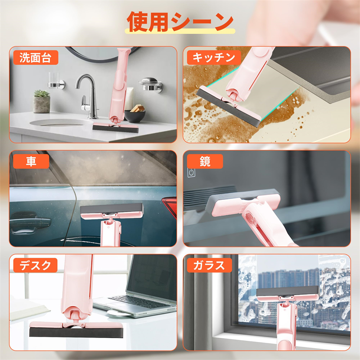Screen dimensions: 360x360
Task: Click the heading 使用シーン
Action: coord(180,22)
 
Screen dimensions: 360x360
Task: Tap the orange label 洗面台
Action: coord(36,58)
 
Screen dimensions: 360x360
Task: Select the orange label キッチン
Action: coord(214,58)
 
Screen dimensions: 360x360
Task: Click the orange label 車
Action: coord(31,161)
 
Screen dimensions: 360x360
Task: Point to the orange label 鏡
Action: coord(205,161)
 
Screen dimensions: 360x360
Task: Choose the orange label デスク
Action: coord(35,265)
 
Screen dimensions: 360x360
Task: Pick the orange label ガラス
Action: coord(209,265)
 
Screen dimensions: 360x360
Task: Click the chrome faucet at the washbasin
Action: coord(88,96)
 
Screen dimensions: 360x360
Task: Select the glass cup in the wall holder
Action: coord(54,80)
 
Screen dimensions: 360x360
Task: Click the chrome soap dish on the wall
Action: coord(150,84)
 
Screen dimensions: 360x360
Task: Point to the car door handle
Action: coord(29,221)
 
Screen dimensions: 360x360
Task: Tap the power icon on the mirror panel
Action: coord(191,172)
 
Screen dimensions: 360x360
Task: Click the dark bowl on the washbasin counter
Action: coord(135,116)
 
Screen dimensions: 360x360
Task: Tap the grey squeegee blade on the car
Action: coord(112,208)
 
